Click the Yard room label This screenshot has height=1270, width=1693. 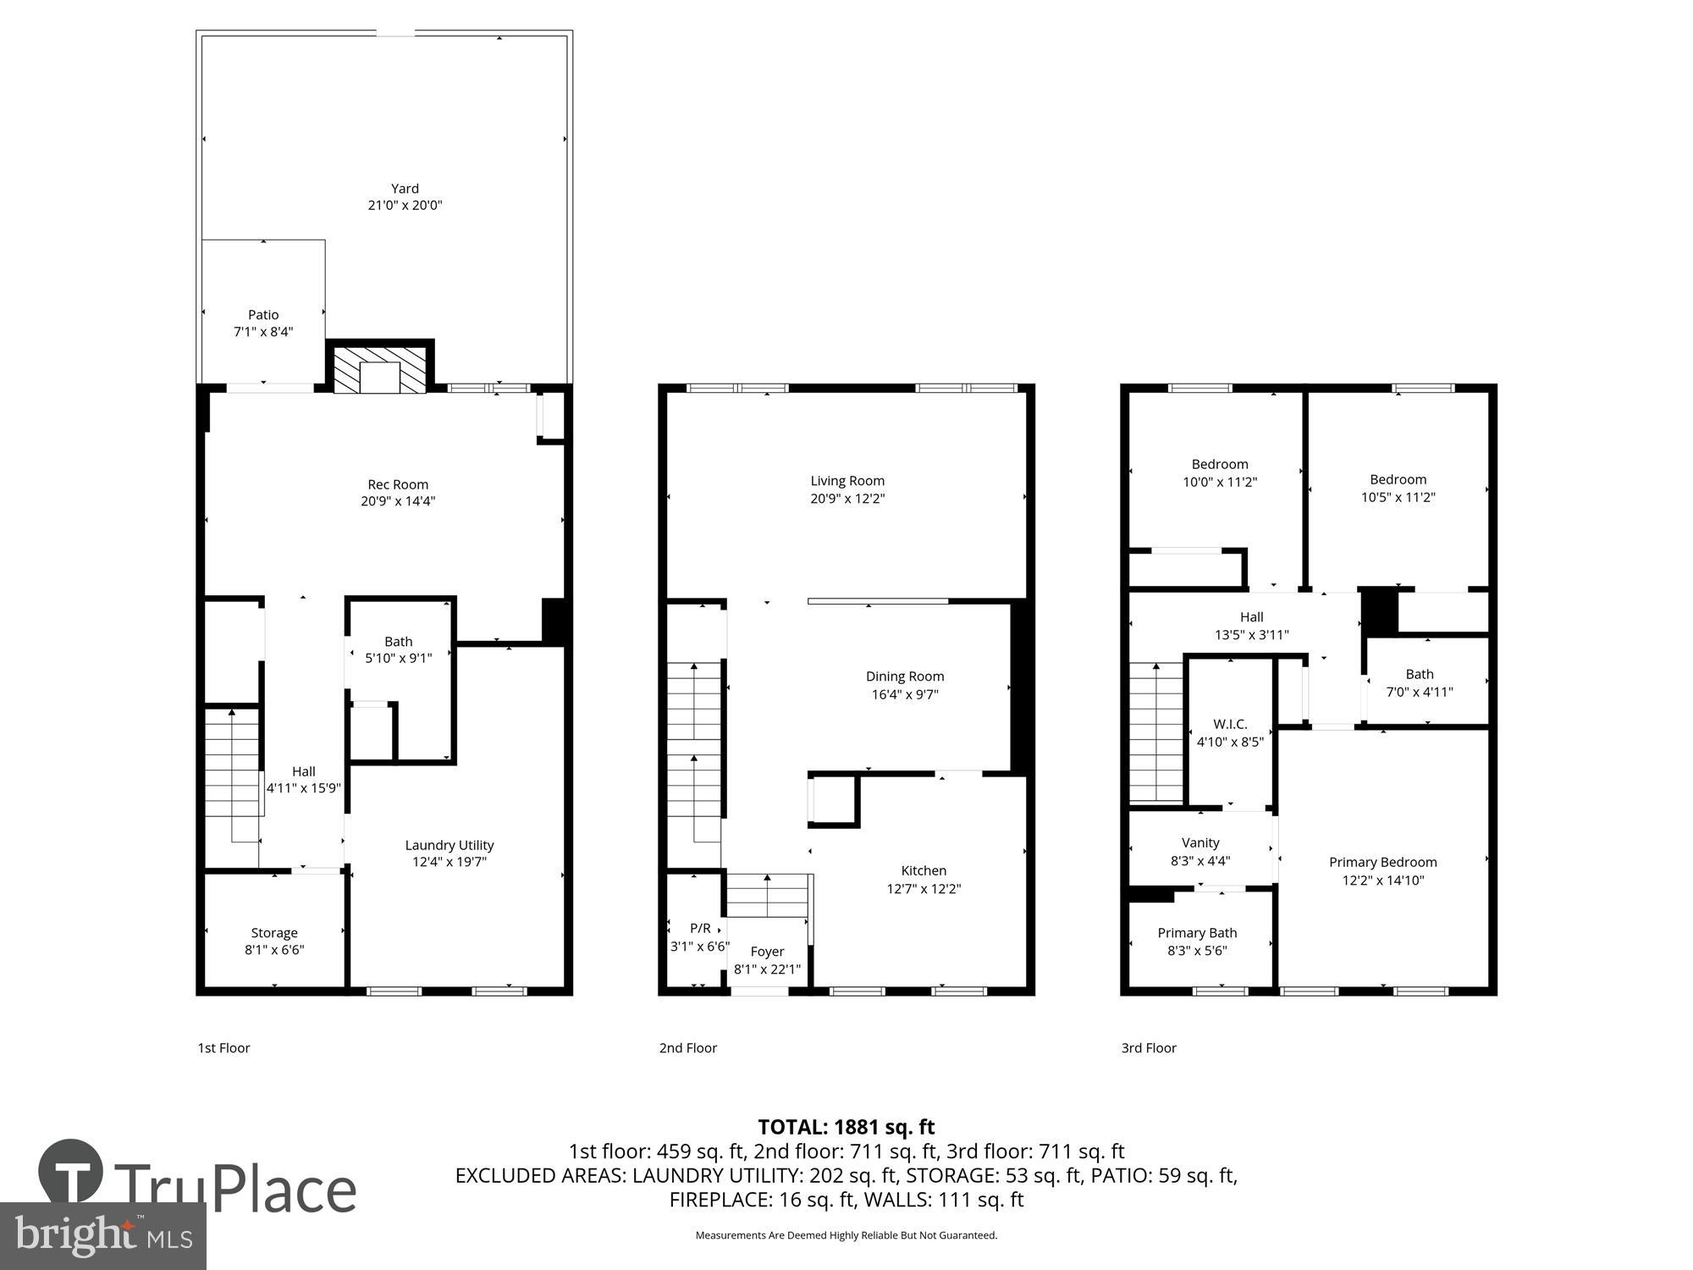(405, 189)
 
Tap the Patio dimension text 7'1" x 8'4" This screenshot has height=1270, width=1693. (263, 332)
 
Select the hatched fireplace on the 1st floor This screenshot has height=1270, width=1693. (379, 368)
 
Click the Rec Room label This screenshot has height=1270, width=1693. (398, 484)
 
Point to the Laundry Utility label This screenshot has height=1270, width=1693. (449, 845)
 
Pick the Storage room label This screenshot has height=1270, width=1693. (274, 933)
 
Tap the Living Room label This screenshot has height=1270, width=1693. (847, 481)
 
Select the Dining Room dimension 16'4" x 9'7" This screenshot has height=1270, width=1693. (905, 694)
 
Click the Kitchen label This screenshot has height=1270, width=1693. (924, 870)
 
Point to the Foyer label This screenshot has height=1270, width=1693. (767, 952)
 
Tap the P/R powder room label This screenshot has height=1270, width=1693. (700, 929)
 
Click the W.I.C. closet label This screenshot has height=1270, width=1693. (1230, 724)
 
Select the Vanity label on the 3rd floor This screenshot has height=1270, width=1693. (1200, 842)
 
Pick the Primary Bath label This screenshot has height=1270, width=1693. (1197, 933)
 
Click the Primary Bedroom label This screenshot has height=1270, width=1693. (1383, 862)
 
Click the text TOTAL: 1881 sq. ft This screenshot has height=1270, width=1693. (846, 1127)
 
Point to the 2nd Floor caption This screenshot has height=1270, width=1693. (688, 1048)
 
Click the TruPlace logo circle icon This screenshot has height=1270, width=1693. (71, 1173)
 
